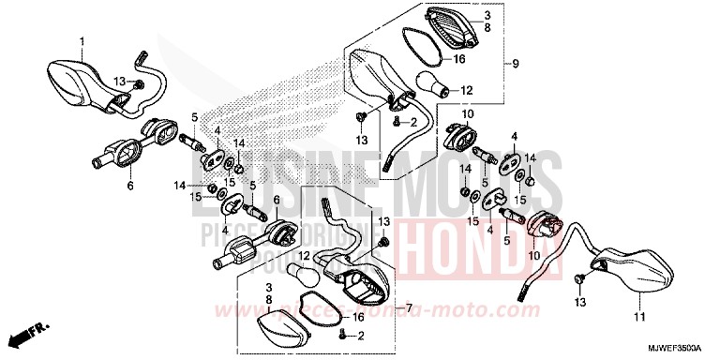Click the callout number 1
[x=81, y=41]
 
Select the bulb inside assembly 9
[x=436, y=87]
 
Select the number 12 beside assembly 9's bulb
[x=466, y=91]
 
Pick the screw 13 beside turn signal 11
[x=580, y=278]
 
